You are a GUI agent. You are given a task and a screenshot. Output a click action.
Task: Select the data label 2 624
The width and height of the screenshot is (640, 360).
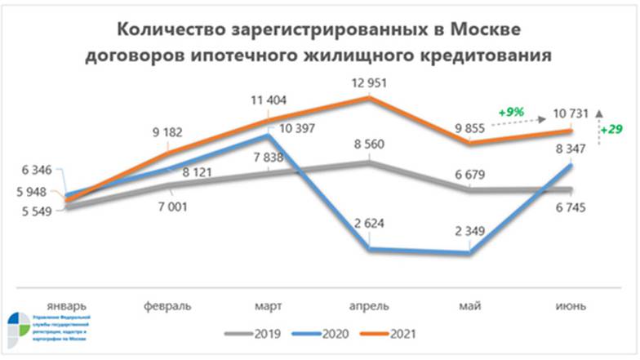370,223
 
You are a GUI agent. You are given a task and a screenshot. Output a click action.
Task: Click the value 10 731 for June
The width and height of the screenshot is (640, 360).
570,112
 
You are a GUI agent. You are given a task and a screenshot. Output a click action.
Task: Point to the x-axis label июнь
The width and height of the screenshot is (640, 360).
570,305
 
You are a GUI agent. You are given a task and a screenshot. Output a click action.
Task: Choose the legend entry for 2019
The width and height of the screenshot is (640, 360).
252,335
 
